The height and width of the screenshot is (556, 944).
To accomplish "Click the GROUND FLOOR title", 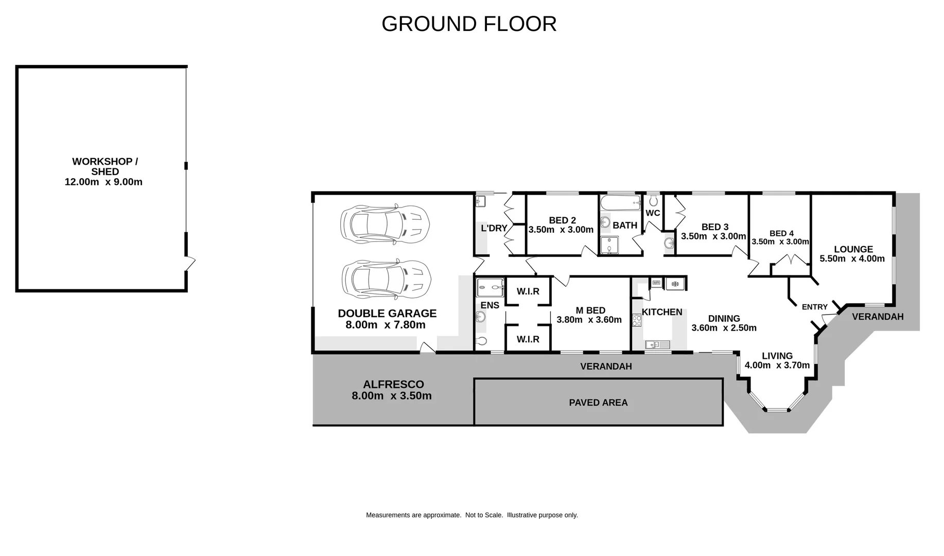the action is click(469, 24).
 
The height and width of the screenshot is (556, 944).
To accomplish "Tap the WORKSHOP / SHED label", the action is click(105, 166).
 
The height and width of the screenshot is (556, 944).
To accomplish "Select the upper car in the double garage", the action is click(384, 222).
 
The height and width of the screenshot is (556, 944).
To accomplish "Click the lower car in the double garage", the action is click(386, 279).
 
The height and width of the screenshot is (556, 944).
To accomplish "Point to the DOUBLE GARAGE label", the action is click(387, 313).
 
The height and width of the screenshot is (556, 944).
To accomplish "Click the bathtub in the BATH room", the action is click(621, 201).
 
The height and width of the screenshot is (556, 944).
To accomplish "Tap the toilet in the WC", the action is click(653, 200).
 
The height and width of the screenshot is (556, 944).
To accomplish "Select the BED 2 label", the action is click(562, 220).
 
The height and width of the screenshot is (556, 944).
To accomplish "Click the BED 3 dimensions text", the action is click(713, 236).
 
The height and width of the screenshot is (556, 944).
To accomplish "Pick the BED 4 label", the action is click(781, 233).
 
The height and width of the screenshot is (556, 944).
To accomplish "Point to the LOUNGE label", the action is click(853, 249).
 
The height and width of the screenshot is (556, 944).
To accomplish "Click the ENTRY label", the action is click(815, 307).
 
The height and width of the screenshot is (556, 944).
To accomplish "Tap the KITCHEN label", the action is click(662, 312).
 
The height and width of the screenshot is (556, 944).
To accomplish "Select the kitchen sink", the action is click(657, 344).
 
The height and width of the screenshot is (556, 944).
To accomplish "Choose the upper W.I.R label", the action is click(528, 291).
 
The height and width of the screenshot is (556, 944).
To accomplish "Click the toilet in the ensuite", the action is click(482, 340).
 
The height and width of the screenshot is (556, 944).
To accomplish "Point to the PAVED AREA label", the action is click(598, 403).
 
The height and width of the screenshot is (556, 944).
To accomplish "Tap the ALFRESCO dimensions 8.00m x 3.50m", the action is click(392, 396).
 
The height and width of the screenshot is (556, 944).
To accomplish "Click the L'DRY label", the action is click(494, 228).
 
